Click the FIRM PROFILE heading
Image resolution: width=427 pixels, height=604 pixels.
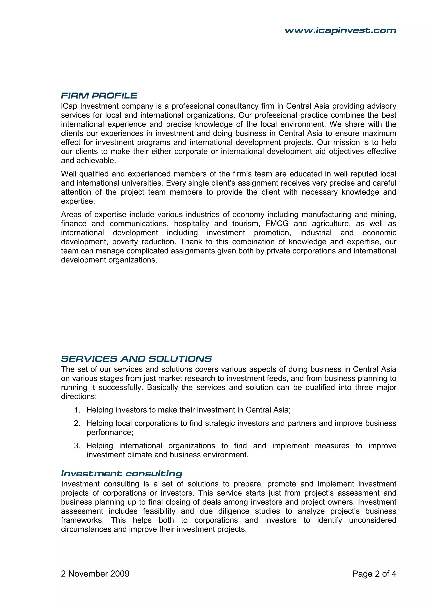(x=99, y=96)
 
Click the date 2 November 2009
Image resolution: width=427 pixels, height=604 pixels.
(x=95, y=574)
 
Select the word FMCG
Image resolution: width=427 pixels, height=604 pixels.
(x=277, y=224)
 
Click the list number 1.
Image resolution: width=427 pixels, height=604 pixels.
(x=77, y=410)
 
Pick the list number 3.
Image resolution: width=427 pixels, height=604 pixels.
(x=77, y=446)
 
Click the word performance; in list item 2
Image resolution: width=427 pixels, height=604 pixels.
(x=110, y=433)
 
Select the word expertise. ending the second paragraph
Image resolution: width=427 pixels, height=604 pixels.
(x=78, y=201)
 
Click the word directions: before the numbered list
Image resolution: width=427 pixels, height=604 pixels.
(x=79, y=396)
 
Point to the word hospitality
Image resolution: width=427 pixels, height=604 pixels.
(x=191, y=224)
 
